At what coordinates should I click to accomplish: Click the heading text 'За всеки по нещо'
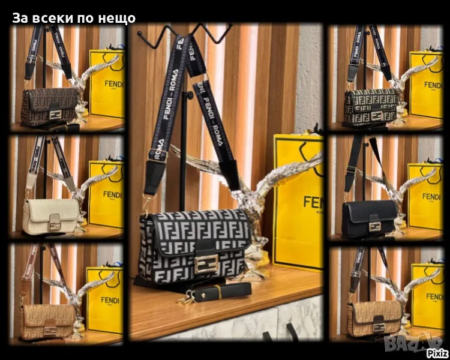tap(74, 18)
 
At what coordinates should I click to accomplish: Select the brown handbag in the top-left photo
tap(49, 106)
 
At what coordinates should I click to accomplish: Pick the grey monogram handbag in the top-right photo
tap(371, 106)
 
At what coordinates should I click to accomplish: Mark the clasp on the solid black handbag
tap(376, 226)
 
